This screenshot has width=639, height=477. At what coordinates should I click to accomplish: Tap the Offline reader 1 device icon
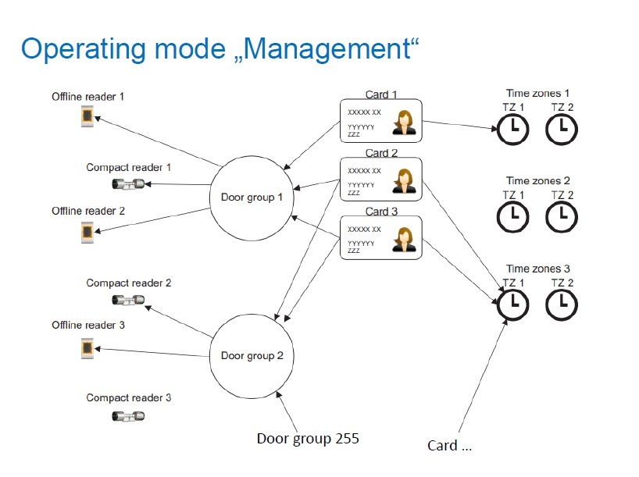[87, 116]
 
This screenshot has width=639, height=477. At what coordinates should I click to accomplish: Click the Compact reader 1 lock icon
[128, 184]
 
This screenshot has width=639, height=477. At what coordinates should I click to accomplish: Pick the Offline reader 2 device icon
[87, 233]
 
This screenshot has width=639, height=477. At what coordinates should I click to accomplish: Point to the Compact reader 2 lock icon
[128, 301]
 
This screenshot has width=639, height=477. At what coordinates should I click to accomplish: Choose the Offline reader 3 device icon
[87, 349]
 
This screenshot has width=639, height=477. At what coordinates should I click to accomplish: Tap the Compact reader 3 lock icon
[128, 416]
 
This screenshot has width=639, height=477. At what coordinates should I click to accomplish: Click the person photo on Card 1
[404, 123]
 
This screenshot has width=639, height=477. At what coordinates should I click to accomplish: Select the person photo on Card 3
[404, 239]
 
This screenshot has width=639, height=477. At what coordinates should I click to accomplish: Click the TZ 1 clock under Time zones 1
[512, 130]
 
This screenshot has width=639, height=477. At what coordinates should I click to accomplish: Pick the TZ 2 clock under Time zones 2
[562, 216]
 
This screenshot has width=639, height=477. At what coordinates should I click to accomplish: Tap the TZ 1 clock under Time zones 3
[512, 304]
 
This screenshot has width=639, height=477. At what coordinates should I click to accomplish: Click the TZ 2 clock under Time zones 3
[562, 304]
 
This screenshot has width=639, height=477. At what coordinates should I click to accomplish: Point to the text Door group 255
[308, 439]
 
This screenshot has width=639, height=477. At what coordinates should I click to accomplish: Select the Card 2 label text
[381, 153]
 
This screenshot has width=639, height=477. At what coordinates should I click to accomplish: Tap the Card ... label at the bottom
[449, 446]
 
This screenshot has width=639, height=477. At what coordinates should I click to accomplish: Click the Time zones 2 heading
[538, 180]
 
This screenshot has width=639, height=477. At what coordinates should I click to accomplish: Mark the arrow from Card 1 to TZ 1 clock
[459, 125]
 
